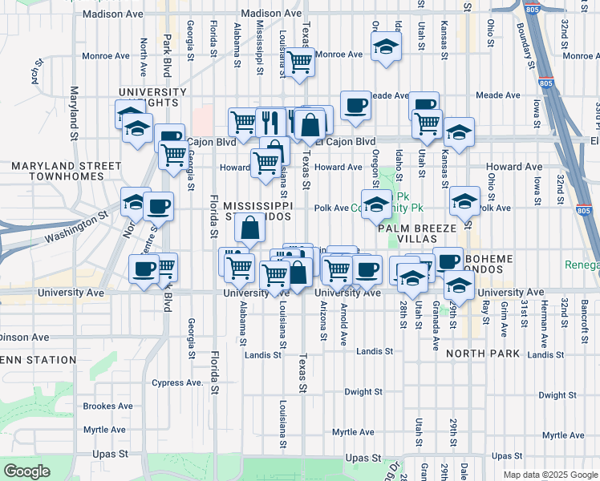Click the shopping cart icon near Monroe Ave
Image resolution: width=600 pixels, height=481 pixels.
coord(300,61)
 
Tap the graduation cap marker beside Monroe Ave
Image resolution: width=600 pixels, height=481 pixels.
coord(387,48)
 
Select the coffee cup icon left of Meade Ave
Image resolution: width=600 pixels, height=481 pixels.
coord(355,104)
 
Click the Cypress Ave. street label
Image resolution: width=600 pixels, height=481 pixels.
coord(177,382)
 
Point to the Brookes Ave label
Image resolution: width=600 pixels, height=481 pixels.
coord(107,406)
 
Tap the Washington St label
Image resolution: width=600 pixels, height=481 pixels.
coord(76,228)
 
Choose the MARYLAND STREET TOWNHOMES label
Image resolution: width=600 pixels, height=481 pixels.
coord(55,172)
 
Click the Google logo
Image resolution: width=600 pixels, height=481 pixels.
coord(26,471)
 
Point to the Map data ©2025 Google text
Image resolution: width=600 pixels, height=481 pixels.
coord(549,475)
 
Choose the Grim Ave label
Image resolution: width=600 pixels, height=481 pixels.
coord(505,318)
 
